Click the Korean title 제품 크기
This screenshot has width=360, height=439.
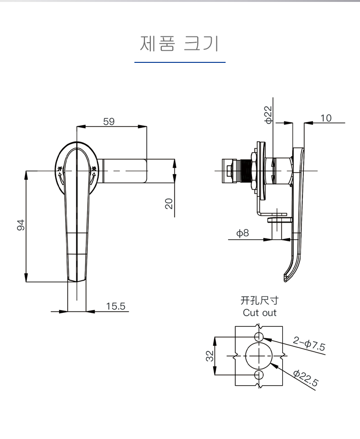[x=180, y=43]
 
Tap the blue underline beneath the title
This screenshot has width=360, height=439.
[x=180, y=62]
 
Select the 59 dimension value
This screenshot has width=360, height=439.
[x=109, y=121]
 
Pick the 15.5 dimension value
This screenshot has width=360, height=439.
[x=115, y=306]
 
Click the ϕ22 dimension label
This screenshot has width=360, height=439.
[x=268, y=115]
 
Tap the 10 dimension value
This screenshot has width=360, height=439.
[x=326, y=118]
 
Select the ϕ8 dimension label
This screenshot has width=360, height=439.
[x=242, y=234]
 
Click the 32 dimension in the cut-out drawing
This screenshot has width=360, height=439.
[x=210, y=356]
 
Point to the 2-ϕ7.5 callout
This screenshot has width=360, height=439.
[x=309, y=344]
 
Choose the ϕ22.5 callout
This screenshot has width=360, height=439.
[x=305, y=379]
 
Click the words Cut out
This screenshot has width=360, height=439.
[x=260, y=313]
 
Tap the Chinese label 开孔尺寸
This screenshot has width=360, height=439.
[x=259, y=301]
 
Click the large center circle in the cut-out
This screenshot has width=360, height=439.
[x=259, y=356]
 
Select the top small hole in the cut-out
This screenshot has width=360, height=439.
[x=259, y=336]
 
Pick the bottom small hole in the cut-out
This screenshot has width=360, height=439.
[x=259, y=375]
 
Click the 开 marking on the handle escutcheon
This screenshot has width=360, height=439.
[x=60, y=169]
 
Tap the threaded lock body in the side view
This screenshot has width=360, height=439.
[x=248, y=171]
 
